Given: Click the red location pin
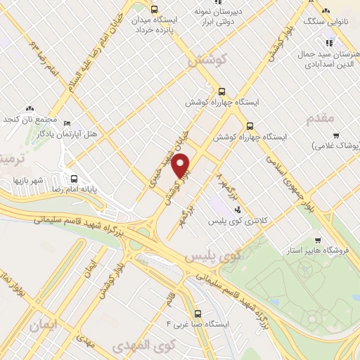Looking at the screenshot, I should click(182, 166).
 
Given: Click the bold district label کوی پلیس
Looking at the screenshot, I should click(214, 257).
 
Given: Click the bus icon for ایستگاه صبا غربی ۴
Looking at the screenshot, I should click(198, 314).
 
